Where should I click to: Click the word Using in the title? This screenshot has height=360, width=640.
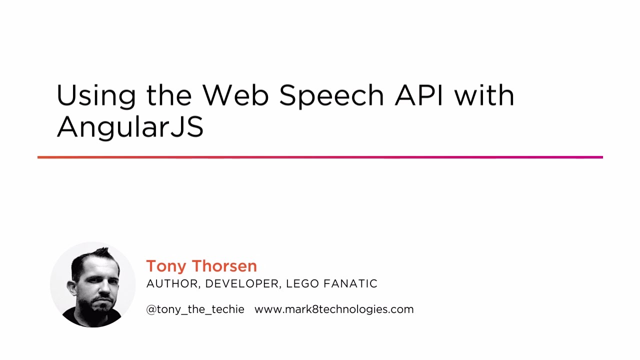coord(96,96)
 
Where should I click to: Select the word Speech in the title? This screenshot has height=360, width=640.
coord(331,96)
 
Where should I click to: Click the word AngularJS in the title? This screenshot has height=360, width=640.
coord(130,127)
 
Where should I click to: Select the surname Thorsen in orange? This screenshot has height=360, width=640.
coord(224,266)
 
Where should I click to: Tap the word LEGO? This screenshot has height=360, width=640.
coord(302,284)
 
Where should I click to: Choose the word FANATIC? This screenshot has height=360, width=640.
coord(350,284)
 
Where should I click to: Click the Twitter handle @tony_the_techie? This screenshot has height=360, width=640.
coord(195,309)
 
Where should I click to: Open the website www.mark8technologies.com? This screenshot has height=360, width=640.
coord(334,309)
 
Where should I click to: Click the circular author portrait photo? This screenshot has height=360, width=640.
coord(93,285)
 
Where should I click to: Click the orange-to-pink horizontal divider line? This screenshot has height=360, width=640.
coord(320,157)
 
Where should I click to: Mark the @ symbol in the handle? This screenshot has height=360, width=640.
coord(151,309)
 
